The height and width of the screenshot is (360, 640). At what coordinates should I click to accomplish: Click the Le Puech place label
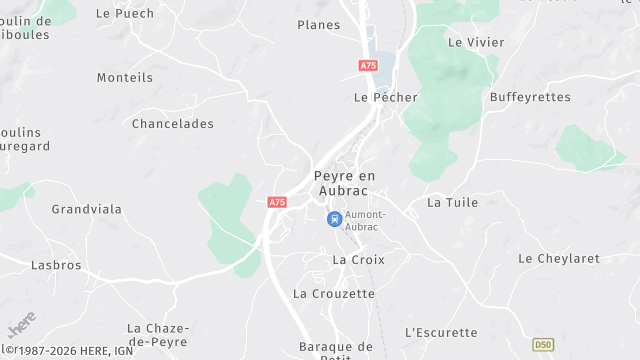(x=125, y=14)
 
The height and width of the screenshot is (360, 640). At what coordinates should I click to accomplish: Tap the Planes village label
(x=319, y=25)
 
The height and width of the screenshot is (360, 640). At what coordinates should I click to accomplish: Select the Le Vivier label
(x=476, y=43)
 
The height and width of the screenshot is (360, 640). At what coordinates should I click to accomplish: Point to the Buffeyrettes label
(x=530, y=97)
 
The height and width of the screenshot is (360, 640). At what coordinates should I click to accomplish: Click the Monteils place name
(x=125, y=77)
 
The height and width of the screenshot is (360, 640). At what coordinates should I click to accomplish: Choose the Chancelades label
(x=173, y=124)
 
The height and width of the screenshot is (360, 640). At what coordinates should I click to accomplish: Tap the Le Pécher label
(x=385, y=97)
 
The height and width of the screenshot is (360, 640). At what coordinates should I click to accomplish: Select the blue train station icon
(x=334, y=218)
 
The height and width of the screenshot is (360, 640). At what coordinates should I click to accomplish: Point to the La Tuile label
(x=453, y=202)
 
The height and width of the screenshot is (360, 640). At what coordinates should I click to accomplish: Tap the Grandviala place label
(x=87, y=210)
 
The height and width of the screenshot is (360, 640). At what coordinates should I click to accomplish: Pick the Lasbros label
(x=56, y=266)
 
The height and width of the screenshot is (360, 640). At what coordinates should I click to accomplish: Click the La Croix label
(x=358, y=260)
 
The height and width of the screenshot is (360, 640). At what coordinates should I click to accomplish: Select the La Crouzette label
(x=334, y=294)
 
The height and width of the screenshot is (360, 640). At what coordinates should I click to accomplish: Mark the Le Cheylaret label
(x=559, y=258)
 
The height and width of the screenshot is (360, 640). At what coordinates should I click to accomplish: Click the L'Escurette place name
(x=441, y=332)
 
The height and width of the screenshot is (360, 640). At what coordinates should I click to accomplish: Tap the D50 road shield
(x=542, y=345)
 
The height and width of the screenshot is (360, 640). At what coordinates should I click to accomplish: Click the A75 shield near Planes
(x=368, y=66)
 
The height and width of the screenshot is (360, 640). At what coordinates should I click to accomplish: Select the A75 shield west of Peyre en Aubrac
(x=277, y=202)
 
